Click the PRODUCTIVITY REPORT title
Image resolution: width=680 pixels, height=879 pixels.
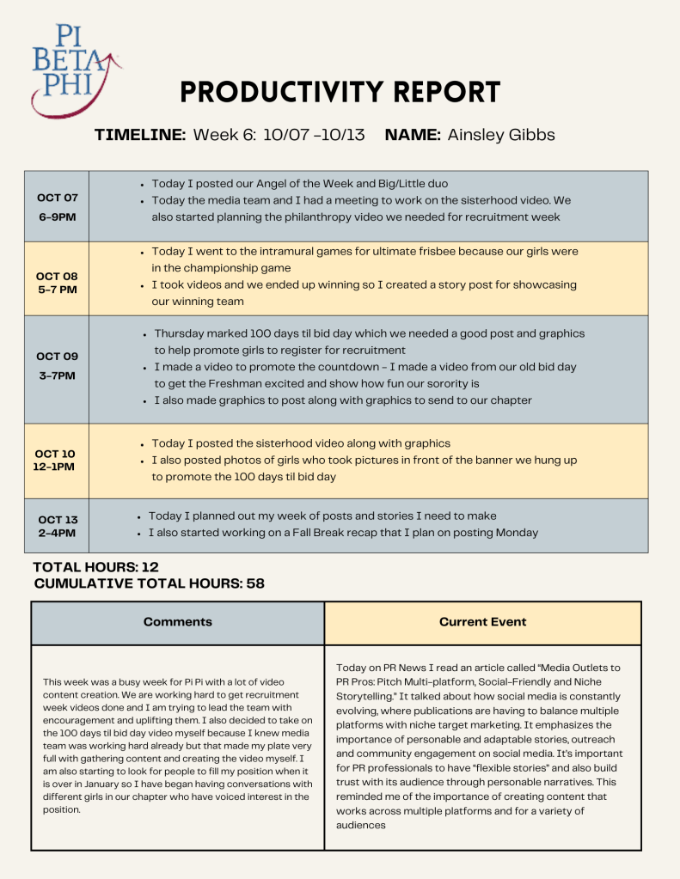pyautogui.click(x=340, y=92)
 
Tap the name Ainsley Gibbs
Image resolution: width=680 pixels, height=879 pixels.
pyautogui.click(x=501, y=135)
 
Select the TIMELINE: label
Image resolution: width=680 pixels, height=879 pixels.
pyautogui.click(x=140, y=135)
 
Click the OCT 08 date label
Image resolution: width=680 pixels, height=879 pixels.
pyautogui.click(x=58, y=276)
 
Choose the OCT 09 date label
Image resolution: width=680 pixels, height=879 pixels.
pyautogui.click(x=58, y=356)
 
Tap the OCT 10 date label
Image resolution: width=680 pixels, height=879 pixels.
pyautogui.click(x=56, y=453)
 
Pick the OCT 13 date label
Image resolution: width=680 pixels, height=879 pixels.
pyautogui.click(x=58, y=519)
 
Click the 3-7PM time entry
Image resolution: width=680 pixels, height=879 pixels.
pyautogui.click(x=58, y=375)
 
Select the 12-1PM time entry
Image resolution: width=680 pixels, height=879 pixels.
pyautogui.click(x=56, y=467)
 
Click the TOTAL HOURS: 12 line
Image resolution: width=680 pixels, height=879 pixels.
pyautogui.click(x=95, y=567)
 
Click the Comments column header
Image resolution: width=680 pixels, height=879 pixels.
pyautogui.click(x=177, y=621)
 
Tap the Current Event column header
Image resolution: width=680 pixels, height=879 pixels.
pyautogui.click(x=482, y=621)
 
